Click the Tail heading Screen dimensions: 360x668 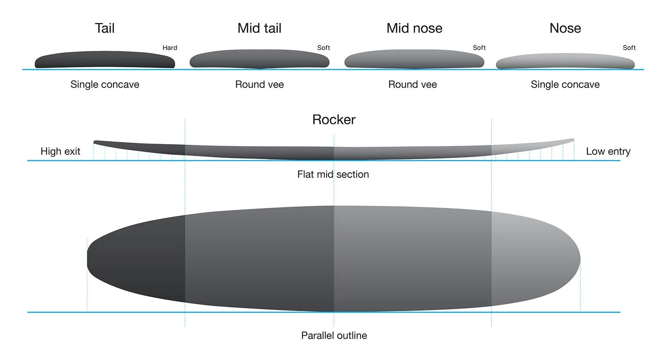point(104,28)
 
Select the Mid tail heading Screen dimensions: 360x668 point(259,28)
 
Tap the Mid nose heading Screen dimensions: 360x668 point(414,28)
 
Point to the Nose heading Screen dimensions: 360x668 point(565,28)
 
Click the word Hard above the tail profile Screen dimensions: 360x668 point(170,48)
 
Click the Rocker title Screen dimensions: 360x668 point(334,119)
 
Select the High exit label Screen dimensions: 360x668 point(60,151)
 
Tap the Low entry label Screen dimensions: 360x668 point(608,151)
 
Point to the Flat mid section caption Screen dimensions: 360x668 point(333,174)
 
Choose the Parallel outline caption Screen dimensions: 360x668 point(334,335)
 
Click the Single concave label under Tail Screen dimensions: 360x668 point(105,84)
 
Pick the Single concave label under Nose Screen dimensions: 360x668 point(565,84)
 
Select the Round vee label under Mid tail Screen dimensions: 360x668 point(259,84)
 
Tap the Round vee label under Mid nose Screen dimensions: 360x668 point(412,84)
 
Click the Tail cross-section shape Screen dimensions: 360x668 point(104,60)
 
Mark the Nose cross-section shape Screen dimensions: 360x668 point(565,61)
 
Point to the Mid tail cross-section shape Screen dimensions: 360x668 point(259,59)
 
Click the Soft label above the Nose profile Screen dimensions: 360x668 point(629,48)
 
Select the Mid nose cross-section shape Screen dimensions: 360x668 point(414,59)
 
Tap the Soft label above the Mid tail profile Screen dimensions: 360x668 point(324,48)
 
